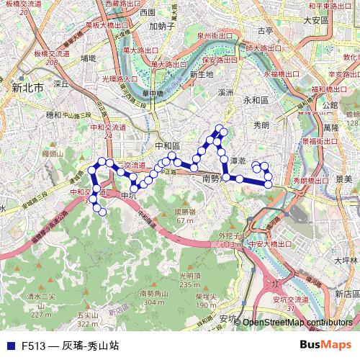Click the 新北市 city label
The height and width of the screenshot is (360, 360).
point(28,87)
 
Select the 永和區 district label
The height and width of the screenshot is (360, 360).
point(256,101)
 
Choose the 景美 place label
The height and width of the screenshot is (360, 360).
point(343,177)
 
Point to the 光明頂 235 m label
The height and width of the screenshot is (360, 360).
point(188,279)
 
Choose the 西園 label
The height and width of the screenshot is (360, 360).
point(148,12)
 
